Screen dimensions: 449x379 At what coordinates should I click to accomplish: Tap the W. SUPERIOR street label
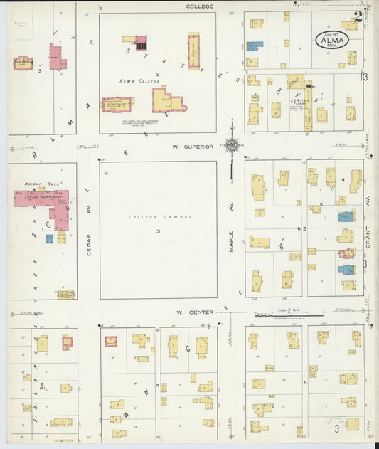click(x=192, y=147)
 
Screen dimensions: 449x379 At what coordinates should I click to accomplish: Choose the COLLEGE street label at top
click(x=200, y=6)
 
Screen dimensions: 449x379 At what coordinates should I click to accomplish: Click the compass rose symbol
click(x=232, y=146)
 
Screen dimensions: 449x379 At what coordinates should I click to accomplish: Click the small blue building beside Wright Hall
click(x=49, y=239)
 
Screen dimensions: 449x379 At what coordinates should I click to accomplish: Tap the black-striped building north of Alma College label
click(x=141, y=42)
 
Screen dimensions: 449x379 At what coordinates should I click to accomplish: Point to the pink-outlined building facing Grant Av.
click(x=347, y=253)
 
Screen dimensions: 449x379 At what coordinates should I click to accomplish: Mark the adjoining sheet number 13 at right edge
click(x=364, y=76)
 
